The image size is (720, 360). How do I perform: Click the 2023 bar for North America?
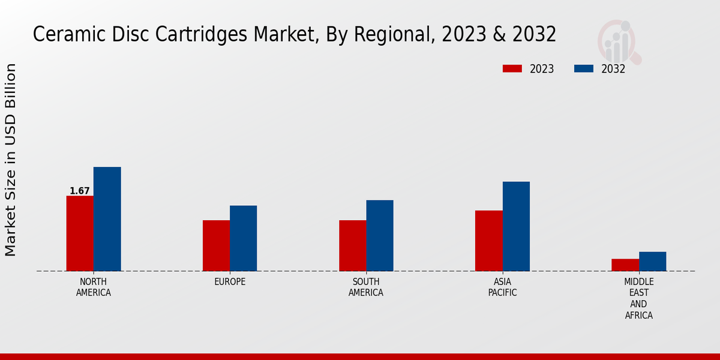tap(80, 233)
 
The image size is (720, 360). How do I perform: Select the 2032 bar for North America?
tap(107, 219)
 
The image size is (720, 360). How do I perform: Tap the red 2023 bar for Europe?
tap(216, 245)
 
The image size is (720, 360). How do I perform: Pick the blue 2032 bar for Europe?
tap(243, 238)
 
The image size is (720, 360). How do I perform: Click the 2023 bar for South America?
tap(352, 245)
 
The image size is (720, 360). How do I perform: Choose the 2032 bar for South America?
tap(380, 235)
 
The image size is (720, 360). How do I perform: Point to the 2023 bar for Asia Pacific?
tap(488, 241)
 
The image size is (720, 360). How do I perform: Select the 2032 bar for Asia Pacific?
tap(516, 226)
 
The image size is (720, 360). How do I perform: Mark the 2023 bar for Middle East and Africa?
tap(625, 265)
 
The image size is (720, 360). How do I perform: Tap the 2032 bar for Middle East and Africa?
tap(652, 261)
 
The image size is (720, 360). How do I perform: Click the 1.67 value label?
tap(80, 191)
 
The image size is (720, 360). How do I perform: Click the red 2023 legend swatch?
tap(512, 68)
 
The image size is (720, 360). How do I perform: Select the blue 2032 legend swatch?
tap(583, 68)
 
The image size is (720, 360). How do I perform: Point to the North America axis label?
tap(94, 287)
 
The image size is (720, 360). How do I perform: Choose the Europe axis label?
tap(230, 282)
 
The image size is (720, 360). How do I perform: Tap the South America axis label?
tap(366, 287)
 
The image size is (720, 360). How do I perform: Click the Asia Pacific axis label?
tap(502, 287)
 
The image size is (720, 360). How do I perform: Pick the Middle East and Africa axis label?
tap(638, 299)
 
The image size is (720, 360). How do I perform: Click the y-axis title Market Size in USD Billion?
tap(11, 160)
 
